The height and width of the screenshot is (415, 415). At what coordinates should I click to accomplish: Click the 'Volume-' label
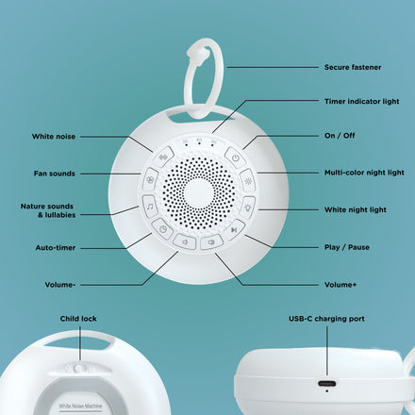(59, 283)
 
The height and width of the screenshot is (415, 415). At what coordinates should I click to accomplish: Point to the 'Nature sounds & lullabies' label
(48, 209)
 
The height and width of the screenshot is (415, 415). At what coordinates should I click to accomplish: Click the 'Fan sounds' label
(54, 174)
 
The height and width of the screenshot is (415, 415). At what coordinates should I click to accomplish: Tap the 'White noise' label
(54, 136)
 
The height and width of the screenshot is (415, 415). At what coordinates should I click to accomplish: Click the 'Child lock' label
(78, 319)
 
